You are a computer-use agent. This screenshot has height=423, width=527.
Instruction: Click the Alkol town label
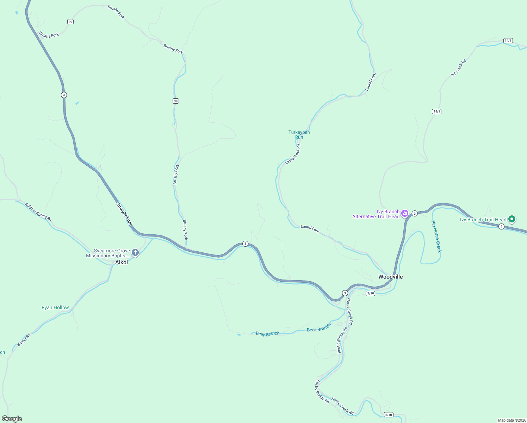122,262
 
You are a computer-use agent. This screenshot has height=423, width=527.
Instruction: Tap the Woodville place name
390,277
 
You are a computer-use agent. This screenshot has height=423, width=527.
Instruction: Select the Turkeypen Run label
299,135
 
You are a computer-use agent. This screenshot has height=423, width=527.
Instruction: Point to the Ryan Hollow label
55,307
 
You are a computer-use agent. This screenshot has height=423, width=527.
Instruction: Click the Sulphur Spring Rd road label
38,212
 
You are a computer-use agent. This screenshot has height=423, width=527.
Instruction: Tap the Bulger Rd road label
24,339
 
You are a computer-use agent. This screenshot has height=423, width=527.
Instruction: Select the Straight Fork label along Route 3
124,214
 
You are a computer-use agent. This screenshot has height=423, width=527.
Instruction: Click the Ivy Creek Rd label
458,68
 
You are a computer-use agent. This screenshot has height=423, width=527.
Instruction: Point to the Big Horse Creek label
436,237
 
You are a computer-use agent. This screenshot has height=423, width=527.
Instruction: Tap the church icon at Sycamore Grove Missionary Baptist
135,252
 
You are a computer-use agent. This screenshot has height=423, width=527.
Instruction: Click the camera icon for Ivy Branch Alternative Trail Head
405,213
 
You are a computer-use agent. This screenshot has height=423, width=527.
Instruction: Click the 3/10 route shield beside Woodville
370,293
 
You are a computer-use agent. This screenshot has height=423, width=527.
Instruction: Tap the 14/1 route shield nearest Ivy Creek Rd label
436,111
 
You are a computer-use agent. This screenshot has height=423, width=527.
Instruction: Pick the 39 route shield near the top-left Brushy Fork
70,22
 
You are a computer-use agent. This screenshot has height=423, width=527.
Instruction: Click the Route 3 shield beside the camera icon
415,213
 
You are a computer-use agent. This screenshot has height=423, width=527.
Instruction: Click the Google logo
12,419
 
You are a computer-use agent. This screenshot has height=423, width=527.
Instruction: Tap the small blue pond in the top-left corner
17,13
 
